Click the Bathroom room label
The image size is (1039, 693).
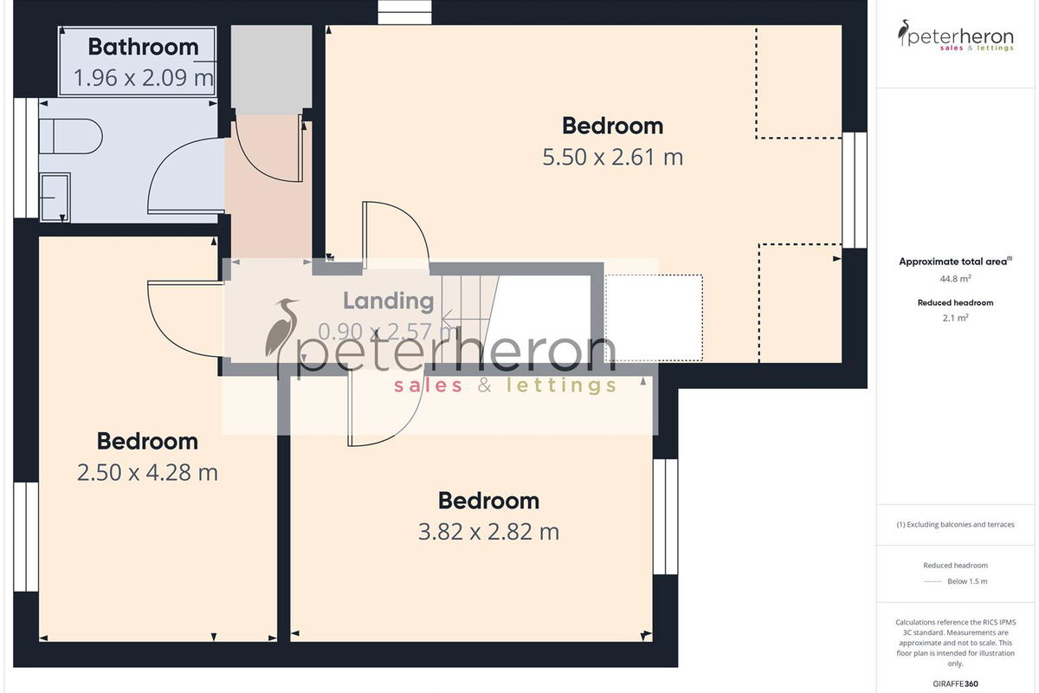[144, 47]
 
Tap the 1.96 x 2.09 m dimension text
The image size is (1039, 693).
[144, 77]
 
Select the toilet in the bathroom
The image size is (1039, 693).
[70, 137]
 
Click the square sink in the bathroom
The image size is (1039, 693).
[55, 198]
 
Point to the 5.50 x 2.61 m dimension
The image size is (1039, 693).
[613, 157]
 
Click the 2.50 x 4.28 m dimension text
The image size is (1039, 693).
[147, 472]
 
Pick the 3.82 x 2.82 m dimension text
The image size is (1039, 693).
[489, 532]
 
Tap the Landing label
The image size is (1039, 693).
[388, 301]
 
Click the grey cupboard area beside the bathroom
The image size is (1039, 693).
[271, 69]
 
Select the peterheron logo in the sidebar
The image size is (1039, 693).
[956, 36]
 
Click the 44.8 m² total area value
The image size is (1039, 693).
[956, 279]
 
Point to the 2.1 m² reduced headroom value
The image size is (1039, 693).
[956, 318]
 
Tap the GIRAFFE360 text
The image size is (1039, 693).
[956, 683]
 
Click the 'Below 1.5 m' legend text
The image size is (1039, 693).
[967, 581]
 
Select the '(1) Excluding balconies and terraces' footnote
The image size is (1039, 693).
[956, 524]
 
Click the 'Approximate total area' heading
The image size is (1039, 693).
[956, 262]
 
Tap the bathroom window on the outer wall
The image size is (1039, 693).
[26, 158]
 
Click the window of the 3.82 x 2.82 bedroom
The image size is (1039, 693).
[666, 517]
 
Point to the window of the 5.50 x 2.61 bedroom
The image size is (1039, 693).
[855, 191]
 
